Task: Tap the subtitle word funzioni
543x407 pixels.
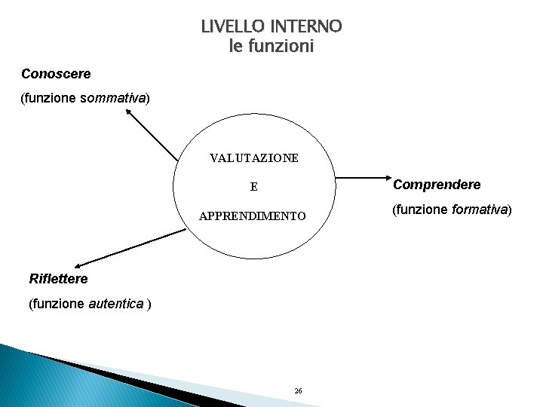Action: click(279, 47)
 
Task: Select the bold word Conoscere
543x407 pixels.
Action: click(56, 74)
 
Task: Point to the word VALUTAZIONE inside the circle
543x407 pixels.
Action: click(253, 158)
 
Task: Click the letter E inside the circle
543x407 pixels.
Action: click(254, 187)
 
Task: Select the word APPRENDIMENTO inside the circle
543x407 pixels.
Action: click(253, 216)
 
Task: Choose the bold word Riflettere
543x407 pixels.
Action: click(58, 279)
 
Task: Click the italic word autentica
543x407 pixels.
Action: click(116, 304)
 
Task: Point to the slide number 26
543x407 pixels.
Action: click(298, 390)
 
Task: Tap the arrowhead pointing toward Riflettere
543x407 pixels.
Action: click(78, 263)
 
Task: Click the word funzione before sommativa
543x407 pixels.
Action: click(50, 98)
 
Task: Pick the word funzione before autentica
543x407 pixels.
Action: click(58, 304)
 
